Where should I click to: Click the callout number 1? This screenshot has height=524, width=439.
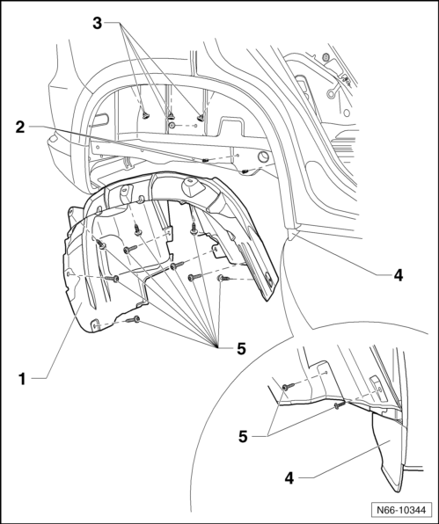[x=22, y=379]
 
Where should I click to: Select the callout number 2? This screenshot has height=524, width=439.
[x=20, y=127]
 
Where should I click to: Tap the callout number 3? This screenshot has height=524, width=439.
[x=97, y=24]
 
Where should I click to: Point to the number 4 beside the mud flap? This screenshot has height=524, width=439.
[x=289, y=478]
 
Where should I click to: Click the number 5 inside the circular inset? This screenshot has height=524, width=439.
[x=243, y=436]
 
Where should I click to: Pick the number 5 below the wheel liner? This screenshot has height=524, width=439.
[x=241, y=349]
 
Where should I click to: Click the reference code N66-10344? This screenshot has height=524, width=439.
[x=401, y=510]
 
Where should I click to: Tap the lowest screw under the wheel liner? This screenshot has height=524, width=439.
[x=134, y=320]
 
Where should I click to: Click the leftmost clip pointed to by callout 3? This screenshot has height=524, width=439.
[x=146, y=115]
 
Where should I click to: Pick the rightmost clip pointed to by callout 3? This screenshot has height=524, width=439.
[x=201, y=117]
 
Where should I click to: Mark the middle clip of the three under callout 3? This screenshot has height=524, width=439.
[x=171, y=116]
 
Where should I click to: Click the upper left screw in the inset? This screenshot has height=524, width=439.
[x=288, y=386]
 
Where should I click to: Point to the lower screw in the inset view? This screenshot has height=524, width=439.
[x=339, y=405]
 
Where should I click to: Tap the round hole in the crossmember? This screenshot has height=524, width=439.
[x=263, y=156]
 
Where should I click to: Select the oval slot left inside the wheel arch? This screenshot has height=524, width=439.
[x=100, y=120]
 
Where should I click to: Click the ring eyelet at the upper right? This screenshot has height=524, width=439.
[x=331, y=94]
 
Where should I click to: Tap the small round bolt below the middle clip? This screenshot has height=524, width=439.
[x=172, y=126]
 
